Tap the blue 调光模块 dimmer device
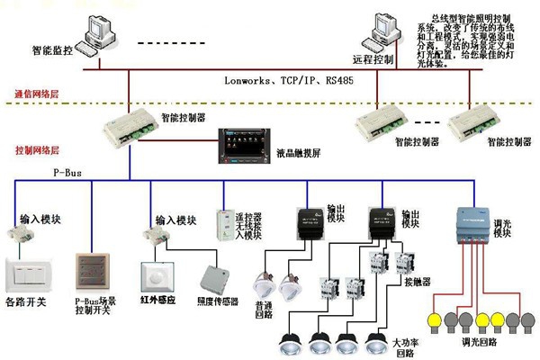(x=473, y=225)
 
